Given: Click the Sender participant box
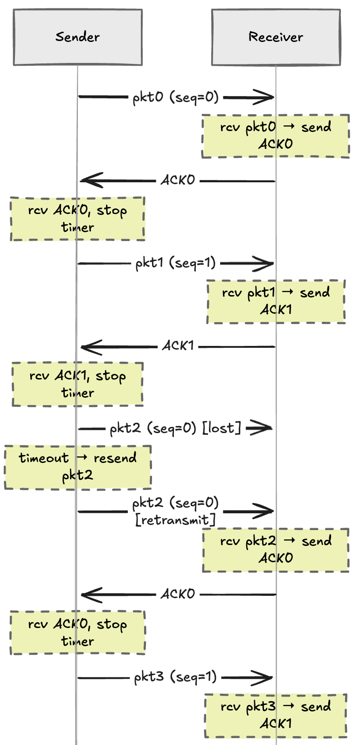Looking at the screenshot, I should [77, 37].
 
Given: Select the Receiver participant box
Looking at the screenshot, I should [276, 37].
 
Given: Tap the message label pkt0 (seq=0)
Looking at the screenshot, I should [175, 97].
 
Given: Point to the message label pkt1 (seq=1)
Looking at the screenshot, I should [175, 263].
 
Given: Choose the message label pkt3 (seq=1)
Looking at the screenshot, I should [175, 677].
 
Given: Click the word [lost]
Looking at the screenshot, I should [222, 428].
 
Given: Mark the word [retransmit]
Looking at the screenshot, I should [175, 520].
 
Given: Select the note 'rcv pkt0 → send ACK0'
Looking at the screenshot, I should [276, 136].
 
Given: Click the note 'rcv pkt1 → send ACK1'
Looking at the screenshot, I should [276, 302].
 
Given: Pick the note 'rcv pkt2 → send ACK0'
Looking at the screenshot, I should [276, 550].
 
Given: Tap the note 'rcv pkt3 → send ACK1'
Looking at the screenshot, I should [276, 716].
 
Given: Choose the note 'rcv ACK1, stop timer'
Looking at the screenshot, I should [77, 384].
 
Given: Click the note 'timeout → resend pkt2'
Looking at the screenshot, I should [77, 467].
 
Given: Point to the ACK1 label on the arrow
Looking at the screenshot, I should [178, 346].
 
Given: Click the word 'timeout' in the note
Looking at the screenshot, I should [43, 458].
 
